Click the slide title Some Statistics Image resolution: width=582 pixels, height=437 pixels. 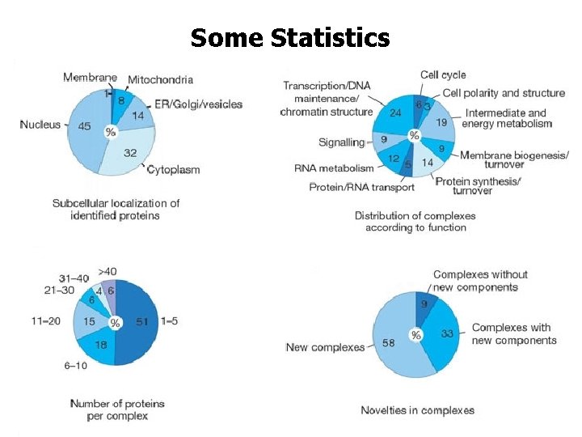tap(290, 37)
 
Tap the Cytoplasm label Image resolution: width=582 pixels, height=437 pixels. tap(173, 170)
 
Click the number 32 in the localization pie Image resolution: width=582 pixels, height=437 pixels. tap(129, 152)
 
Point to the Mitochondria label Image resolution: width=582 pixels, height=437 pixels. tap(160, 79)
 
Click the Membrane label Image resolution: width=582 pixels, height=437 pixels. tap(89, 78)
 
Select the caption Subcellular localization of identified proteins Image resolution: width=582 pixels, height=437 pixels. tap(116, 210)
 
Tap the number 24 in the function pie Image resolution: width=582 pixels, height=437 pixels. tap(395, 113)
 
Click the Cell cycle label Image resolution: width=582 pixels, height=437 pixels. tap(442, 75)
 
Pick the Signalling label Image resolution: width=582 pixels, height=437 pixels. tap(341, 142)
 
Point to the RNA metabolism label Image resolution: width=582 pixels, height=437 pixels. tap(334, 168)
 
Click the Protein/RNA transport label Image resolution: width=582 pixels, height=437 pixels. tap(361, 187)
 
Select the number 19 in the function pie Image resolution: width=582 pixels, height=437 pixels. tap(441, 123)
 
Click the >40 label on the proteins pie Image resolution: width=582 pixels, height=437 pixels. tap(107, 271)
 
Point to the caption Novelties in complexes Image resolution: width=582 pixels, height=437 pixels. tap(417, 410)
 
